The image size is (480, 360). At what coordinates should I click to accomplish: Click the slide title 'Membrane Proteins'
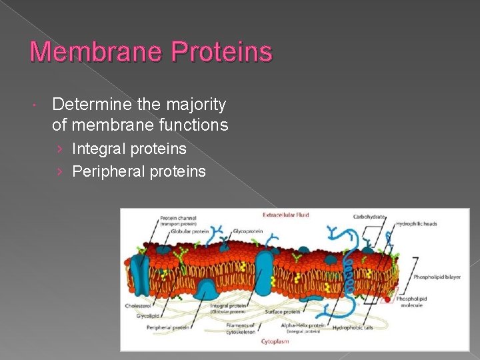151,52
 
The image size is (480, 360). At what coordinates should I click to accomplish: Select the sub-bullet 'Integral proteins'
129,149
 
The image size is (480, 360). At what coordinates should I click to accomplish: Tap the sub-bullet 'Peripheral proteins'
139,171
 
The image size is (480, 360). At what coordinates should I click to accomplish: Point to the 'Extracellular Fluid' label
285,215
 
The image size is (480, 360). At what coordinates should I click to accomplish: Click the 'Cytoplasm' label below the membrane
276,340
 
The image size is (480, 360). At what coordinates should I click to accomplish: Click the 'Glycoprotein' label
247,231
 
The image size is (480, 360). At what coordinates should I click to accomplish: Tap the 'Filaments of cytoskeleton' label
240,329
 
